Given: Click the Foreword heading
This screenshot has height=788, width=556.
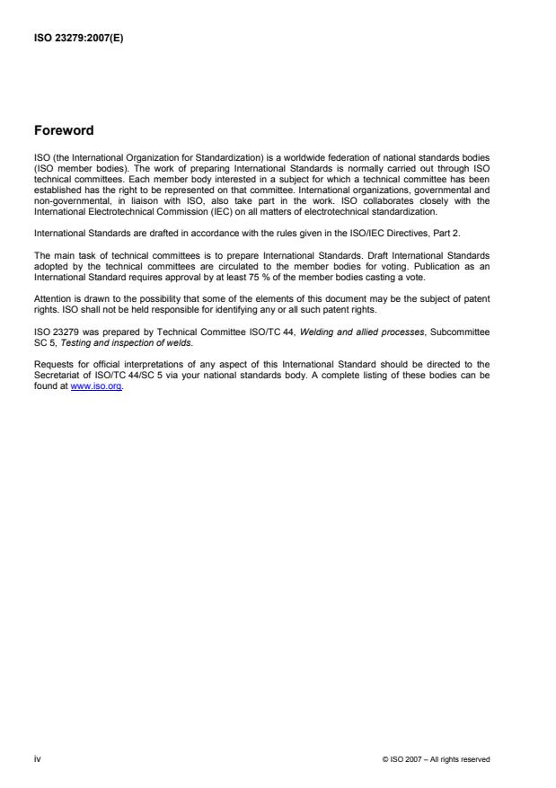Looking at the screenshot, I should tap(64, 130).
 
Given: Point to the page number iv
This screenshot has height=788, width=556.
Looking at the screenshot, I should tap(37, 759).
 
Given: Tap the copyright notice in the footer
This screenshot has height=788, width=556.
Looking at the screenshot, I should tap(436, 760).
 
